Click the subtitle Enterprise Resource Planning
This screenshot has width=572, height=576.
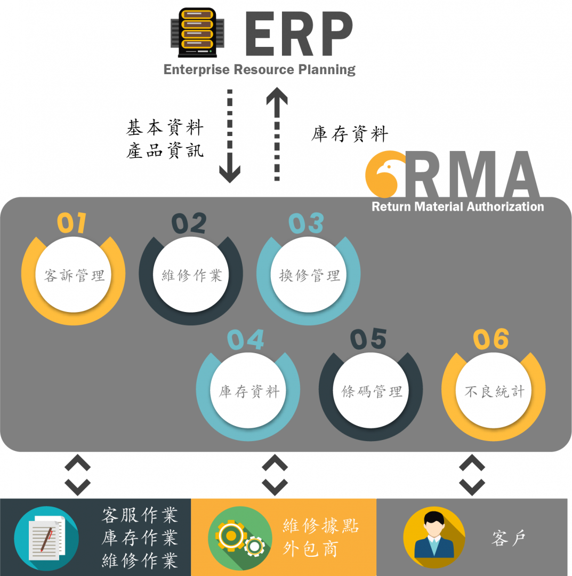tap(259, 70)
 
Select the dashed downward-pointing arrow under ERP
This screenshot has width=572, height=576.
tap(230, 136)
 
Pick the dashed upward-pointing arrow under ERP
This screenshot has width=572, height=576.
tap(277, 136)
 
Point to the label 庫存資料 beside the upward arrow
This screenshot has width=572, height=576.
tap(350, 134)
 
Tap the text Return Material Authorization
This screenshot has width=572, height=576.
tap(457, 206)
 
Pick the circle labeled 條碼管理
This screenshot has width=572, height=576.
tap(371, 392)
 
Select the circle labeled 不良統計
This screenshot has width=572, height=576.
tap(494, 392)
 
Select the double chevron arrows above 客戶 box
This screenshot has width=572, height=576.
tap(472, 475)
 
